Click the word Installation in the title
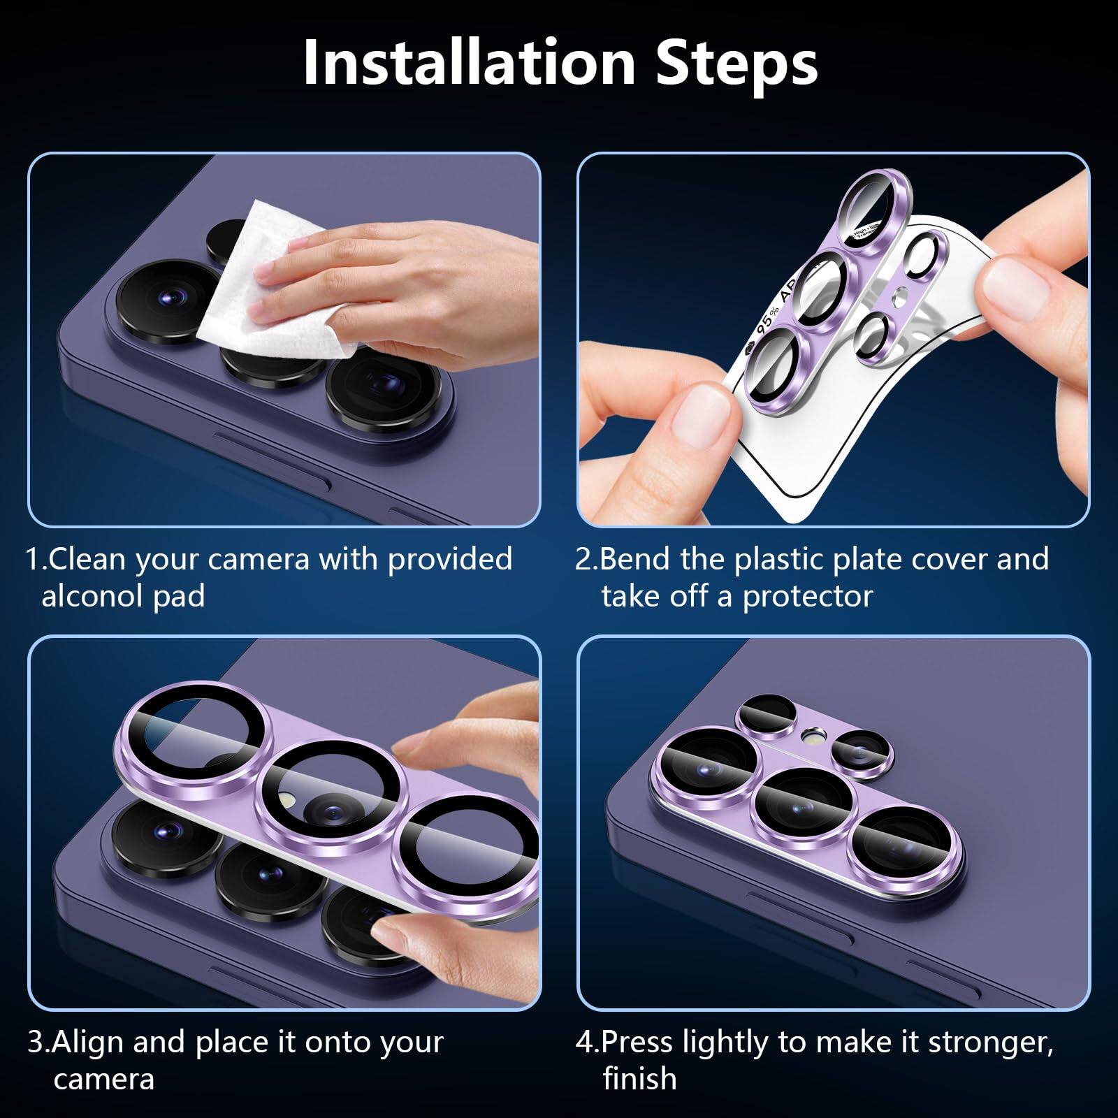click(x=468, y=63)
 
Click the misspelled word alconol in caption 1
click(x=92, y=596)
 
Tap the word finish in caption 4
click(x=639, y=1079)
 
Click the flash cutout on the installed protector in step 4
click(x=812, y=734)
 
